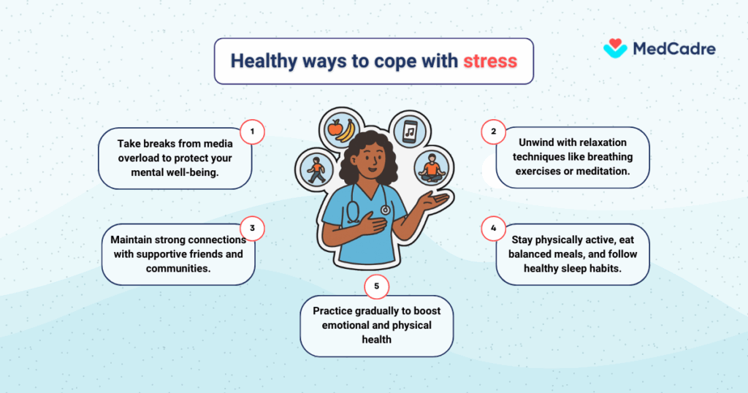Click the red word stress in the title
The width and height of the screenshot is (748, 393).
[490, 61]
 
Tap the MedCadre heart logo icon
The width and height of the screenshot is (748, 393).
[615, 48]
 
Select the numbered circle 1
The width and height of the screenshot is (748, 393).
[252, 132]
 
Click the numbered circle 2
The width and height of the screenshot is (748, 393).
[493, 132]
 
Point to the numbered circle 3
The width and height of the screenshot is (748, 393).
[252, 228]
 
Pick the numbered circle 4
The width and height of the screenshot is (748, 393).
[493, 228]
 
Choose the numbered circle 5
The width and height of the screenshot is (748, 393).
[376, 286]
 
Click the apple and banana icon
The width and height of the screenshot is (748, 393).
[340, 130]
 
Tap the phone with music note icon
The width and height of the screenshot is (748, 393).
[410, 131]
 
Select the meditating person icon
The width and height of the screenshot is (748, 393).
[431, 169]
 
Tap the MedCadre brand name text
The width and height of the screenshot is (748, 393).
[673, 49]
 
